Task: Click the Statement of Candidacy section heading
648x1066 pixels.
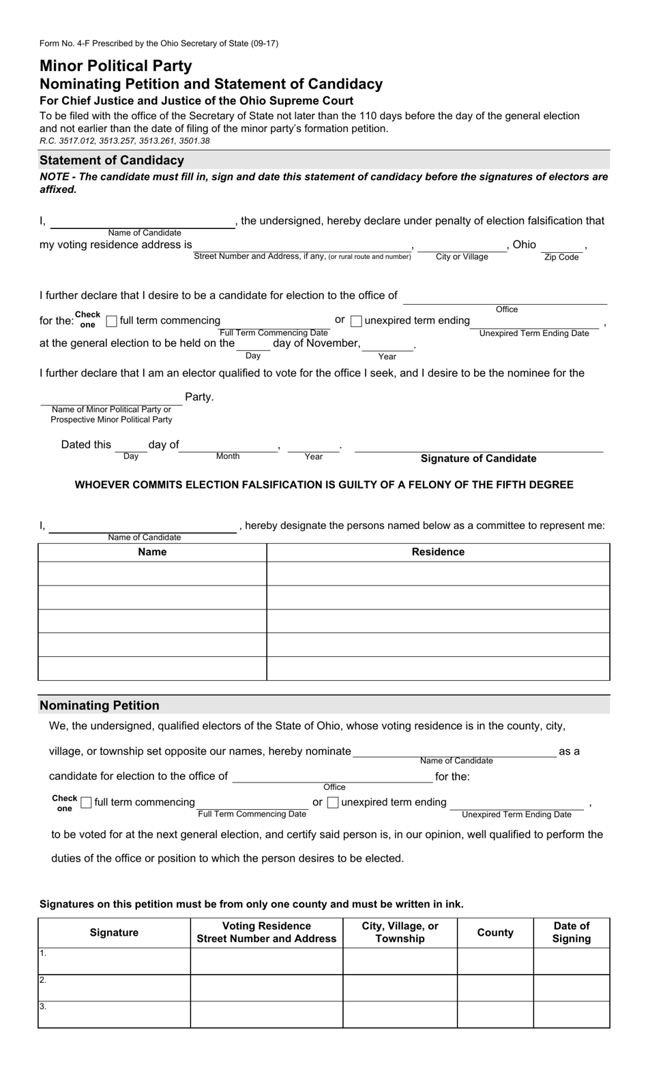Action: coord(112,160)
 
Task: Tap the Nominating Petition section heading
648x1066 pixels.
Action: coord(100,705)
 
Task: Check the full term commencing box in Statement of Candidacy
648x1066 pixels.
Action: coord(112,321)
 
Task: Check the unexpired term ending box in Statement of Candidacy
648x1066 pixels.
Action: coord(356,321)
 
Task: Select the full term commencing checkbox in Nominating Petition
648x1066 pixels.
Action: coord(86,803)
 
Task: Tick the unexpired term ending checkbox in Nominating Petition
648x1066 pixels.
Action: coord(333,803)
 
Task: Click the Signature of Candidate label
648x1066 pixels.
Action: coord(478,459)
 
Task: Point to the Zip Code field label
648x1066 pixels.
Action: coord(561,258)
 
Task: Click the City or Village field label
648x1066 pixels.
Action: coord(462,257)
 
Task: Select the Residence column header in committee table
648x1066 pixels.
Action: coord(438,552)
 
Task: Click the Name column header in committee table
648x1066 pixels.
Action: coord(152,552)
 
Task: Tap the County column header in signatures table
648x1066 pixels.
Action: coord(495,932)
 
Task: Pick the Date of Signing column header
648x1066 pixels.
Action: coord(572,932)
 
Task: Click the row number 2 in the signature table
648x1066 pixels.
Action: coord(43,980)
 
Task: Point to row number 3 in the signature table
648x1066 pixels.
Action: coord(43,1006)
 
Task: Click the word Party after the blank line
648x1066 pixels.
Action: coord(199,397)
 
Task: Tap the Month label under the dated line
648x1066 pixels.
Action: coord(228,456)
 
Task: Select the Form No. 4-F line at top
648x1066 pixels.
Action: coord(159,44)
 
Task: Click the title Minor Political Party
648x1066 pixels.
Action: coord(116,66)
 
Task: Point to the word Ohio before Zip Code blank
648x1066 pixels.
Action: coord(524,245)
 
